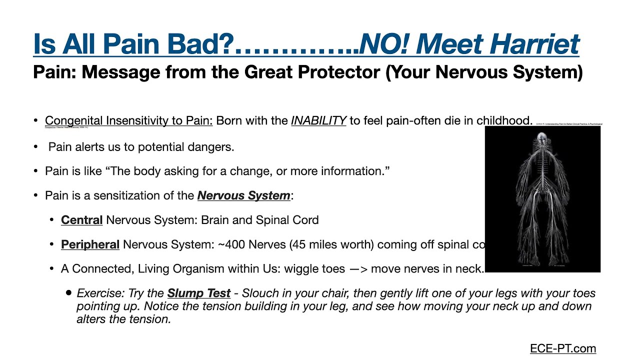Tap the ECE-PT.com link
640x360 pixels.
tap(563, 348)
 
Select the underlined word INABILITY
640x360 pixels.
tap(318, 121)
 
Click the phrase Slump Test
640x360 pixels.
tap(199, 293)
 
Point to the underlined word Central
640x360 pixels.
tap(81, 220)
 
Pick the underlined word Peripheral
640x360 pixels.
tap(90, 244)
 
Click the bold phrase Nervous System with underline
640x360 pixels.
tap(243, 195)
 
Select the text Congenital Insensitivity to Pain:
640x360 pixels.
tap(128, 121)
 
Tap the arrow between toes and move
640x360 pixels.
tap(358, 269)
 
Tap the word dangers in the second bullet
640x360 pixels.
tap(213, 147)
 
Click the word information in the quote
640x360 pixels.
tap(353, 171)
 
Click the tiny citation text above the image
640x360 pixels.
tap(568, 123)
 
